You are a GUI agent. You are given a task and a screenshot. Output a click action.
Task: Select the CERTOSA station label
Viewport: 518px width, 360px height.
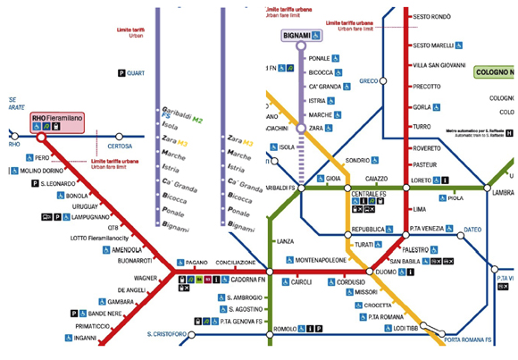120,146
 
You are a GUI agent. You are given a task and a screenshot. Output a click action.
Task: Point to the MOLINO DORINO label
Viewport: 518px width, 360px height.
42,170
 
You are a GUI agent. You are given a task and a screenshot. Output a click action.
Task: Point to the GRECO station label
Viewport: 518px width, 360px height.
369,81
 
